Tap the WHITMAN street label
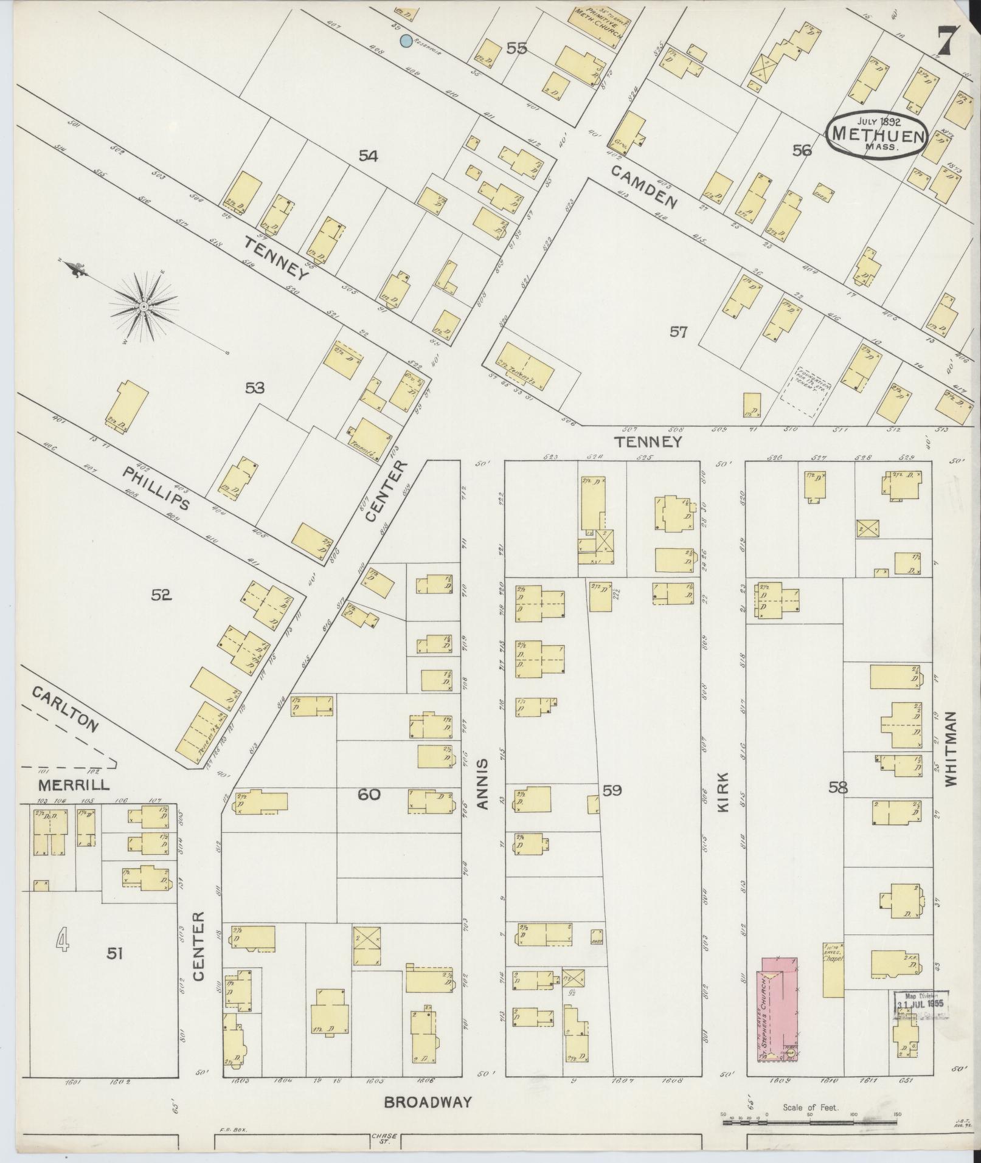(x=951, y=749)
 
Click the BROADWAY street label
(x=428, y=1102)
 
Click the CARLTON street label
(x=65, y=709)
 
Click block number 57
(x=678, y=332)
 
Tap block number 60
(x=369, y=794)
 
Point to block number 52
(x=161, y=595)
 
